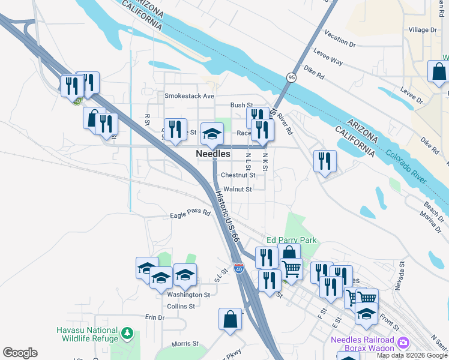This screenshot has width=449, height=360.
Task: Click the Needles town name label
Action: tap(213, 154)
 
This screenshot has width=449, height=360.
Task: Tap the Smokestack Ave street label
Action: tap(190, 96)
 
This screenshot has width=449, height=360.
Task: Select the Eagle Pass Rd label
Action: tap(190, 213)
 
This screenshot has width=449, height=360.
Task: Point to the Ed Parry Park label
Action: tap(291, 240)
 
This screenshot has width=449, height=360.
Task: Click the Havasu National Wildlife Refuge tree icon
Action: tap(127, 332)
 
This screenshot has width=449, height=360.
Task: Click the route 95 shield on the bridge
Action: tap(291, 77)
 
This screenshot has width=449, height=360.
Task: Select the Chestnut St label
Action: tap(238, 175)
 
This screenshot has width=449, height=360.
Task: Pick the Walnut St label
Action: tap(237, 189)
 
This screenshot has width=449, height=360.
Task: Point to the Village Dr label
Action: tap(423, 30)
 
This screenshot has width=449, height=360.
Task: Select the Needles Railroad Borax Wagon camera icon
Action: tap(403, 343)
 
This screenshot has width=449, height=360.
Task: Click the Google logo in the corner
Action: tap(20, 353)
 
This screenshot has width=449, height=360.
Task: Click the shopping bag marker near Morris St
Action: tap(231, 320)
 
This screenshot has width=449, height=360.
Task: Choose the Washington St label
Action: tap(188, 295)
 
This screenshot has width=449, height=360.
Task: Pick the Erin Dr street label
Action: tap(154, 317)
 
